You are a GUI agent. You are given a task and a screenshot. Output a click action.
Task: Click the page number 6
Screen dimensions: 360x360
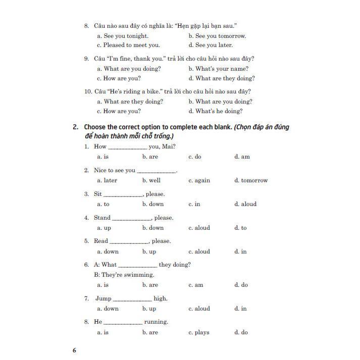coord(74,350)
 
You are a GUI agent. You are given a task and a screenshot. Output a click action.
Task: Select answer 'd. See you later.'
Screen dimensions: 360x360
coord(211,45)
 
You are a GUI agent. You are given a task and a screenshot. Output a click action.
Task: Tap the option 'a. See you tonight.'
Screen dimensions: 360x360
coord(123,36)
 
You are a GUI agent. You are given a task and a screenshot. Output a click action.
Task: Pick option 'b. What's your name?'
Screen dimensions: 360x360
coord(218,69)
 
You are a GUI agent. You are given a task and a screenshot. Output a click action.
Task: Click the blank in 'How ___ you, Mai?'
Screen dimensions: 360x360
coord(128,147)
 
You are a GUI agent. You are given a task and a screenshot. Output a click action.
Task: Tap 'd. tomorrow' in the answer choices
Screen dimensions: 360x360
coord(251,180)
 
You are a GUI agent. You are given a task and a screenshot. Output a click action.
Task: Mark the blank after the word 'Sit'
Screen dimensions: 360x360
coord(123,194)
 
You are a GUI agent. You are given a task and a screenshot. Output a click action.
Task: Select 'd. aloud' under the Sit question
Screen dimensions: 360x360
coord(245,204)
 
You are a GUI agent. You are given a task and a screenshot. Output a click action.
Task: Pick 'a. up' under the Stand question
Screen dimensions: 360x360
coord(104,228)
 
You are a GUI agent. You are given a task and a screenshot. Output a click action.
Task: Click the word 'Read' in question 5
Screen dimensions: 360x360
coord(101,241)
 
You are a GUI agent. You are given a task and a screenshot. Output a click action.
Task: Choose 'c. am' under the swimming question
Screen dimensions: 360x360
coord(196,285)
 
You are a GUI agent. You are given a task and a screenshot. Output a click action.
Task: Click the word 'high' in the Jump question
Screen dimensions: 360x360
coord(161,298)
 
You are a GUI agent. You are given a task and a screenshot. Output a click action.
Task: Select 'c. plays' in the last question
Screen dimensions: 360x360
coord(199,332)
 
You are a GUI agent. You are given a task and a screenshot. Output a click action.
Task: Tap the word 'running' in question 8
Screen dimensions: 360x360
coord(156,322)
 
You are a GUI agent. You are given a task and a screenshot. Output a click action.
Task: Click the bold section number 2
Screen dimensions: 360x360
coord(75,127)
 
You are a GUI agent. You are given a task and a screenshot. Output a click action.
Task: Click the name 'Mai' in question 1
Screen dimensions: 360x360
coord(169,146)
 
